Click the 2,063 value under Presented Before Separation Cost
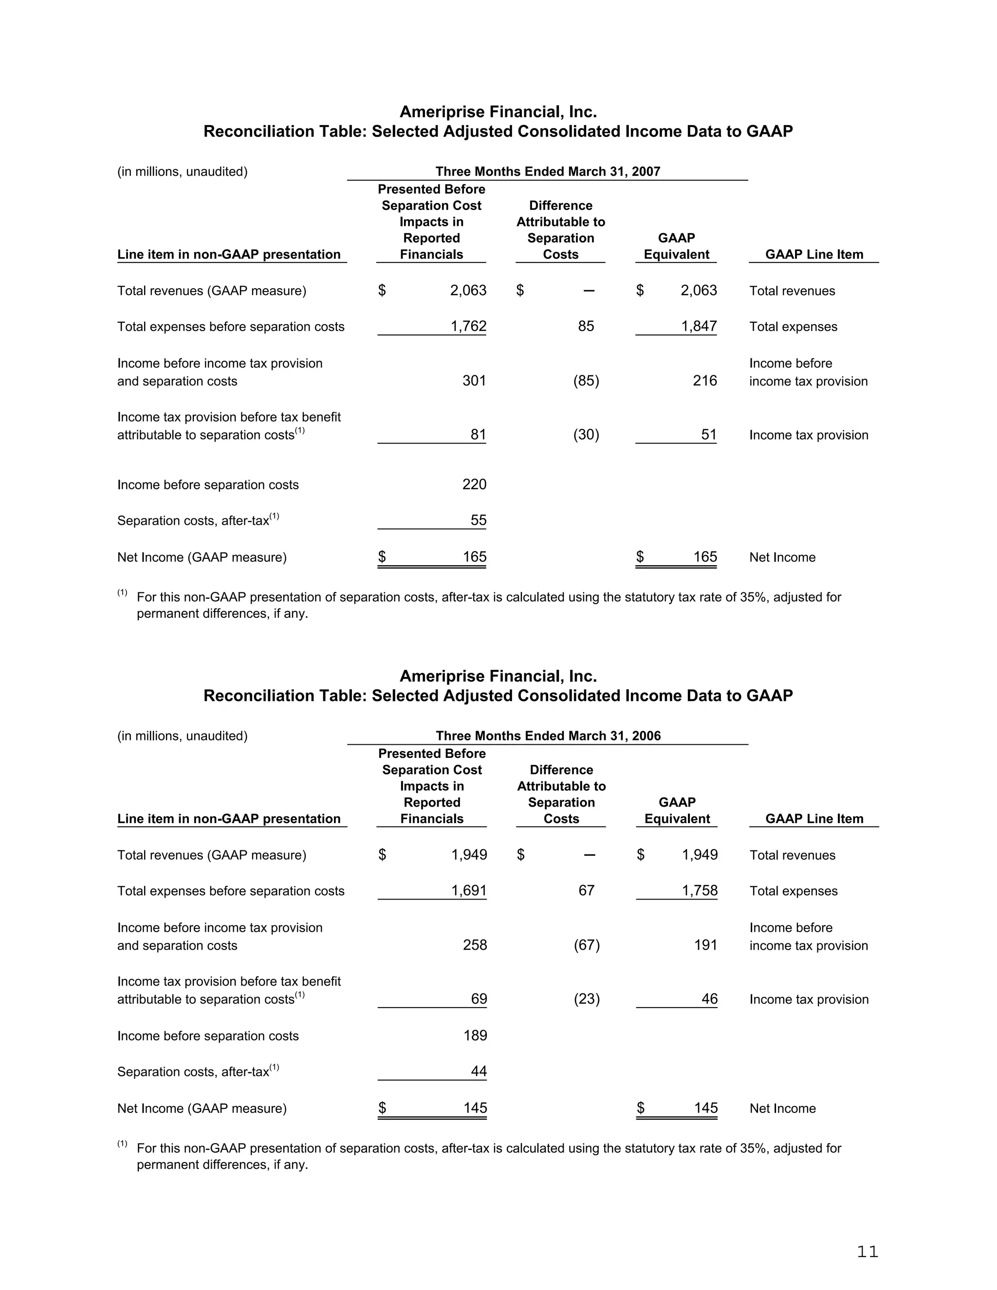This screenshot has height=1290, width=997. click(468, 290)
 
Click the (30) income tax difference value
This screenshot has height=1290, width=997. click(586, 435)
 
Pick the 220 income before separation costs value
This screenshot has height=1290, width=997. click(474, 484)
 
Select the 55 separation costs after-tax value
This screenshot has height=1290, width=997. click(478, 520)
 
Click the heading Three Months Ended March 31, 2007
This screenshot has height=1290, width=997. click(548, 171)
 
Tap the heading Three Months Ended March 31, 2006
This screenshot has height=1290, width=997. click(548, 736)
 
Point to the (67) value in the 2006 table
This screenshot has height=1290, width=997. click(587, 944)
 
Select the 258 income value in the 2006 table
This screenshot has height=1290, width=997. click(474, 944)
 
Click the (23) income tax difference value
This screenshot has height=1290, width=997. click(587, 999)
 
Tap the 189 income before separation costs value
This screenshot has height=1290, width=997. click(475, 1035)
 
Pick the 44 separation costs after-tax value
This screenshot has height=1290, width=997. click(479, 1071)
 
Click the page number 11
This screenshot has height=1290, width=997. click(867, 1252)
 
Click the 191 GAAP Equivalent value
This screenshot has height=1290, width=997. click(705, 944)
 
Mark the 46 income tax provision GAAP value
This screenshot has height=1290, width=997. click(709, 999)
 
